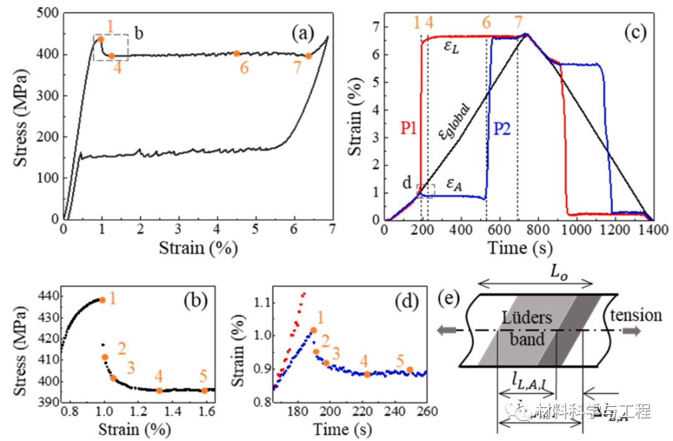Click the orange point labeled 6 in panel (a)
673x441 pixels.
[237, 54]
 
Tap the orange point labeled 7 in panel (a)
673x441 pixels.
[308, 56]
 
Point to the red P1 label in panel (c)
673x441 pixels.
[409, 129]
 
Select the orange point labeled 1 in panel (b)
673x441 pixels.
[102, 300]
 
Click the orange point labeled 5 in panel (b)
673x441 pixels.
[204, 391]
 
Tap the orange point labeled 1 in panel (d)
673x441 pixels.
[313, 330]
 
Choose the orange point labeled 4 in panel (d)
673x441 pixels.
[367, 374]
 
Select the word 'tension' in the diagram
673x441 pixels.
[636, 315]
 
